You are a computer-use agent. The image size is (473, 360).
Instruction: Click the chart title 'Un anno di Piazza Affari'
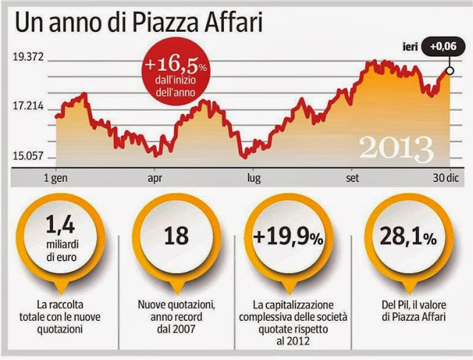point(140,24)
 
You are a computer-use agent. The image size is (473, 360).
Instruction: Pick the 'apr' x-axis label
point(155,177)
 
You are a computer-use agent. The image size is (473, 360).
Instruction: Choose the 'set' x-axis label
point(351,177)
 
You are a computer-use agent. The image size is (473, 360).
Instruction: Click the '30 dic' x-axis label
point(441,177)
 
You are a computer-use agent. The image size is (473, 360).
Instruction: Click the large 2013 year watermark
point(395,148)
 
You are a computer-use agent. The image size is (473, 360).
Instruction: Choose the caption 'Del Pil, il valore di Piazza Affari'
point(407,309)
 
